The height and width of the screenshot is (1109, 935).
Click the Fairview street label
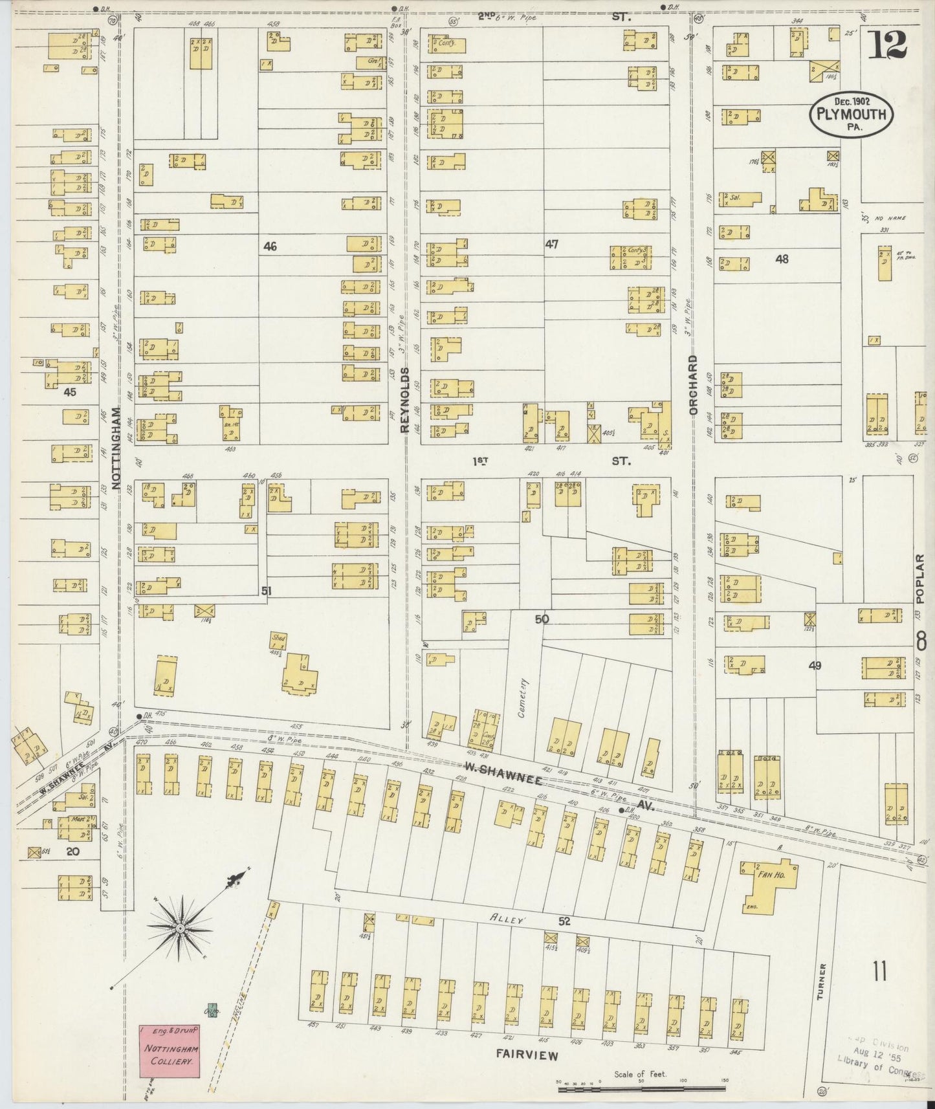click(527, 1055)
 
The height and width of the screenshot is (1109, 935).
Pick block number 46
click(270, 246)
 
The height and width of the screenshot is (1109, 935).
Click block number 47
click(551, 244)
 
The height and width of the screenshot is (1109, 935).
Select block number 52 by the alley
click(564, 922)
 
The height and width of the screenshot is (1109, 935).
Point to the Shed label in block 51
click(278, 637)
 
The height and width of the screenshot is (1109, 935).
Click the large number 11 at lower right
click(878, 971)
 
